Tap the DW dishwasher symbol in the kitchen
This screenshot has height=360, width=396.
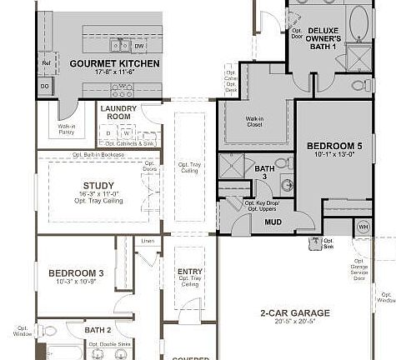[139, 47]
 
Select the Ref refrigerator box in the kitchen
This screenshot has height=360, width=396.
[46, 63]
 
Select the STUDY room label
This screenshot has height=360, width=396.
[98, 186]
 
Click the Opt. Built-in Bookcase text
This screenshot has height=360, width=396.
[98, 155]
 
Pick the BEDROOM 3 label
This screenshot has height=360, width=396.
[76, 273]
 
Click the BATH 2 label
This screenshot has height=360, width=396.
[98, 330]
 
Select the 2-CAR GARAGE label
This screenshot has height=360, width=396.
[294, 313]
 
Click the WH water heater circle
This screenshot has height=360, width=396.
[363, 227]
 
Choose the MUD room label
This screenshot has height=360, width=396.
[273, 222]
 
